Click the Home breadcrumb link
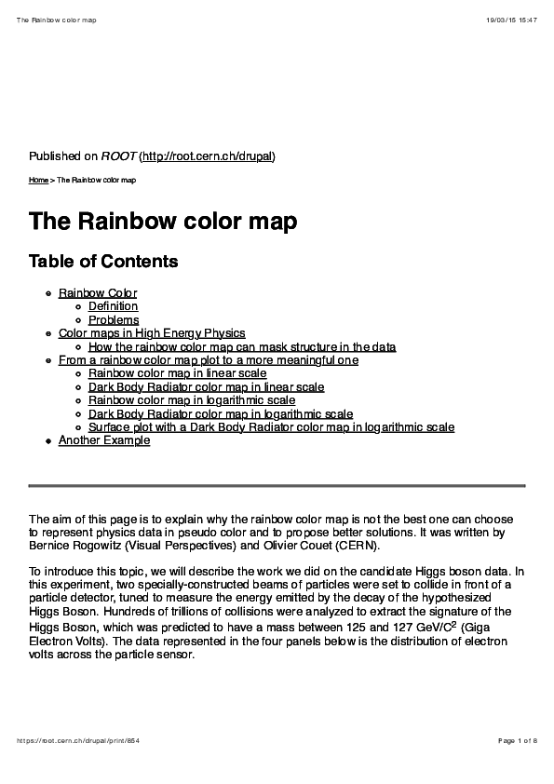38,180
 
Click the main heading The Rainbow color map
163,222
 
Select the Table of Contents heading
103,262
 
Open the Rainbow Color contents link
98,293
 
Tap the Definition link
113,306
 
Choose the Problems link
114,320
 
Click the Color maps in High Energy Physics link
152,333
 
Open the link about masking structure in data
242,347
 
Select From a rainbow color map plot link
209,360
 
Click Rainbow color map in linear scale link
177,373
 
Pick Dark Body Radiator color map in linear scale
206,387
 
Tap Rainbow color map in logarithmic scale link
192,400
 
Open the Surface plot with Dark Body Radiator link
271,427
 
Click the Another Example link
104,440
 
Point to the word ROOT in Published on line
117,155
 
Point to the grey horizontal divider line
277,485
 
